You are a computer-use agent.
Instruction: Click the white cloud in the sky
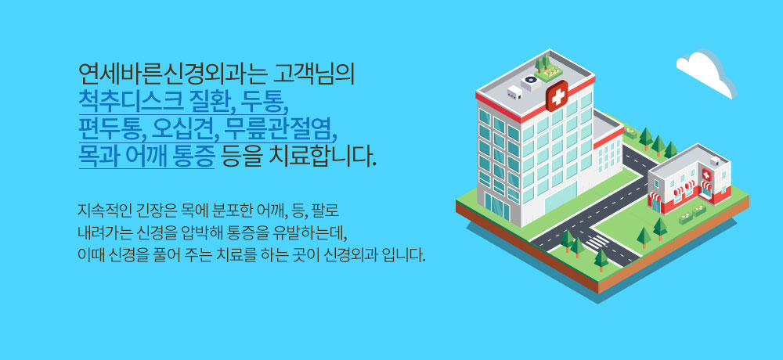click(x=706, y=73)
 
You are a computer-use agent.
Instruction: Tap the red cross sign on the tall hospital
click(x=557, y=95)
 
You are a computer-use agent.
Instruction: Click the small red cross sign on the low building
click(x=706, y=175)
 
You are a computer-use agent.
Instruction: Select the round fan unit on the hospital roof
click(x=529, y=82)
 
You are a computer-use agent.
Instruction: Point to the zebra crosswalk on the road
click(x=597, y=243)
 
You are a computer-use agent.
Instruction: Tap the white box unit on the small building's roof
click(x=716, y=160)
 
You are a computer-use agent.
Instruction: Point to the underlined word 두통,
click(x=265, y=102)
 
